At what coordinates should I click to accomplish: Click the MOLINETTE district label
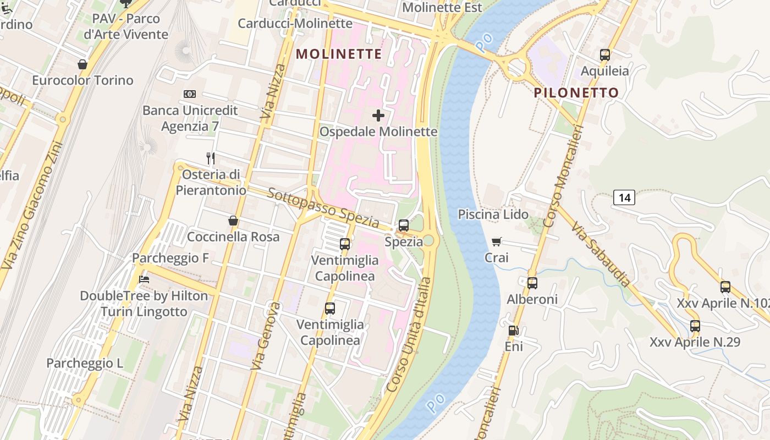(x=339, y=54)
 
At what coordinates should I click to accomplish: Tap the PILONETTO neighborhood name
(x=576, y=92)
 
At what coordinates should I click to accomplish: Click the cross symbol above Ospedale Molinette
(x=378, y=116)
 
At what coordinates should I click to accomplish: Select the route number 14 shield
(x=624, y=197)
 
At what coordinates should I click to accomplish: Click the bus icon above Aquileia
(x=605, y=55)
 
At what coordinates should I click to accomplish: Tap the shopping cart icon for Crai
(x=497, y=241)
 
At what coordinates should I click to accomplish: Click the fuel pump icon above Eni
(x=513, y=331)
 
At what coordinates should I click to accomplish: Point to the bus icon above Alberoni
(x=532, y=283)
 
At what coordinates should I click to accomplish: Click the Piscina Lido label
(x=493, y=215)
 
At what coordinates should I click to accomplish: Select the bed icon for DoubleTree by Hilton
(x=144, y=279)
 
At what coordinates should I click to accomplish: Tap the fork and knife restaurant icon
(x=210, y=158)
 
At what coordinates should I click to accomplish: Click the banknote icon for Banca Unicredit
(x=190, y=94)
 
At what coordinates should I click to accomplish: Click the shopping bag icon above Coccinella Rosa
(x=233, y=221)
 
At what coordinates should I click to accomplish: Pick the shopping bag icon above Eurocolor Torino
(x=82, y=64)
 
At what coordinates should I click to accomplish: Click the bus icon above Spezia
(x=404, y=225)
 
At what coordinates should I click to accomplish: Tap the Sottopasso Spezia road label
(x=323, y=208)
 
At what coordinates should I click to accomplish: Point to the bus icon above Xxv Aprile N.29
(x=695, y=326)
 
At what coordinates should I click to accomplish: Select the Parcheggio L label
(x=85, y=364)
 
